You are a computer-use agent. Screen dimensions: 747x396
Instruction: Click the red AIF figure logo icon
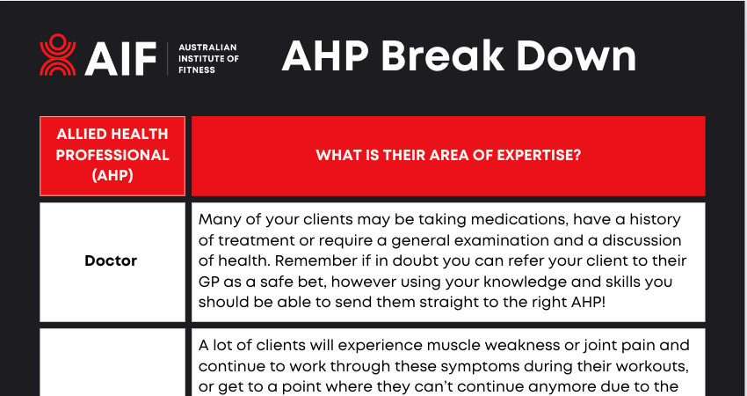pos(58,55)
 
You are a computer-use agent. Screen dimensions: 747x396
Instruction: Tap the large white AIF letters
pos(120,59)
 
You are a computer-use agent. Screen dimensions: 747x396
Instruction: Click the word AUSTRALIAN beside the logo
pos(207,48)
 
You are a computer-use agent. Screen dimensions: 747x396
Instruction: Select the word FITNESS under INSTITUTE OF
pos(197,70)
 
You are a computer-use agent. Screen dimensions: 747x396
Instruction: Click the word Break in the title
pos(443,55)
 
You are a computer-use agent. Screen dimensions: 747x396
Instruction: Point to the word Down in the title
pos(576,55)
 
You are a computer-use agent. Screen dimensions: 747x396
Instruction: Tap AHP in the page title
pos(325,55)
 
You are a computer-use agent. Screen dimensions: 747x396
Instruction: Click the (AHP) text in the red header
pos(112,176)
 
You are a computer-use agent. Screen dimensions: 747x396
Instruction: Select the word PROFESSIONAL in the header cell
pos(112,155)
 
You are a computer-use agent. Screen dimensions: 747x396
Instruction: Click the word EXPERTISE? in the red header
pos(540,155)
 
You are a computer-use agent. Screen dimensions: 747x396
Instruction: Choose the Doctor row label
pos(111,261)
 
